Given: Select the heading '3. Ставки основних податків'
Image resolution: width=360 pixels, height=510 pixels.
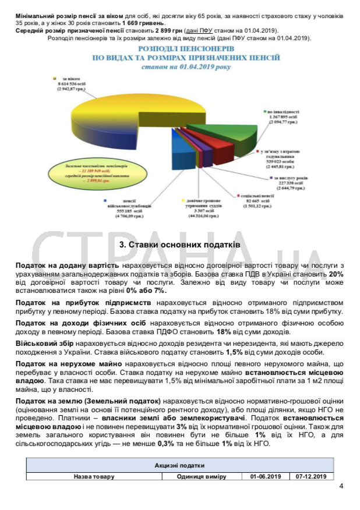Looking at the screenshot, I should click(179, 245).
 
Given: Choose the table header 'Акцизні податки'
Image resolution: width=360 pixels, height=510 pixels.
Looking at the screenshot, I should click(179, 466).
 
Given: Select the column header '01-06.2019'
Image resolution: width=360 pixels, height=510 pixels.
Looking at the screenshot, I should click(266, 476).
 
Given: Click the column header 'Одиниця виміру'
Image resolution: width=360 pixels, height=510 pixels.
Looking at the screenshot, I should click(201, 476).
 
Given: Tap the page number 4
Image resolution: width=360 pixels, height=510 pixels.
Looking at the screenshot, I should click(341, 487).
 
